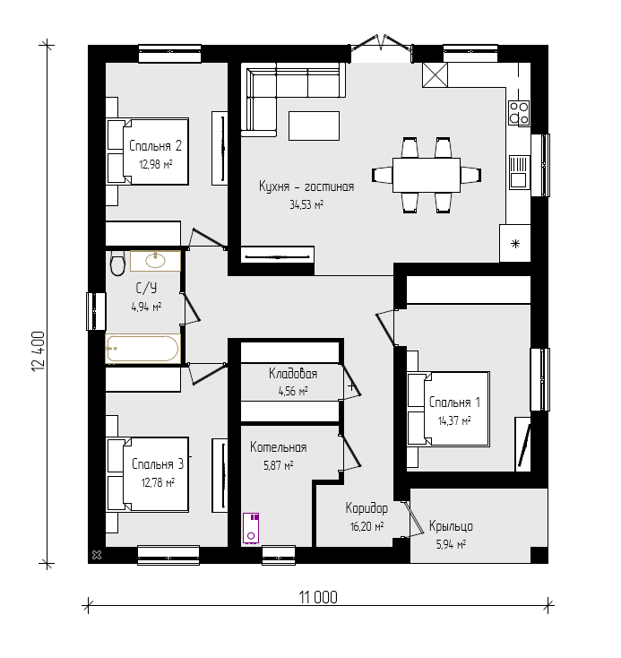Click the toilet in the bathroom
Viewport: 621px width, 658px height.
tap(117, 264)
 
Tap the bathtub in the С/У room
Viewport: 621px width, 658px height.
tap(142, 349)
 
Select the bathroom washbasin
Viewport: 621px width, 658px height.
tap(155, 261)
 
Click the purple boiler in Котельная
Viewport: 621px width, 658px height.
tap(251, 528)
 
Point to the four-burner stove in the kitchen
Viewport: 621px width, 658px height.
tap(519, 113)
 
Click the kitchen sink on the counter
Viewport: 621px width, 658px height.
tap(520, 172)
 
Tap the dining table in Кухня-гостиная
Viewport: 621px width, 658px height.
tap(427, 175)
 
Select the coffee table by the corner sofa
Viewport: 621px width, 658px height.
tap(314, 126)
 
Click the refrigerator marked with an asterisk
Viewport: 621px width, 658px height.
tap(515, 244)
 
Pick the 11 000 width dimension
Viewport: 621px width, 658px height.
tap(318, 597)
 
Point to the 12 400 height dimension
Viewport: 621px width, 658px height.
tap(39, 351)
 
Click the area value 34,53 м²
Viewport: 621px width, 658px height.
tap(306, 204)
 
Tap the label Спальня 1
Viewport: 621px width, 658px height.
tap(454, 403)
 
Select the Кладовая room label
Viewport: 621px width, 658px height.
tap(293, 374)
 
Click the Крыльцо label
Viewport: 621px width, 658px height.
tap(451, 526)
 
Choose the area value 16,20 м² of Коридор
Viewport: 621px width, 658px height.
tap(367, 526)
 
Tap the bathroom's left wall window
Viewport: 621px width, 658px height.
tap(96, 311)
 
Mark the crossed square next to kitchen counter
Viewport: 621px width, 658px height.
tap(436, 75)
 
